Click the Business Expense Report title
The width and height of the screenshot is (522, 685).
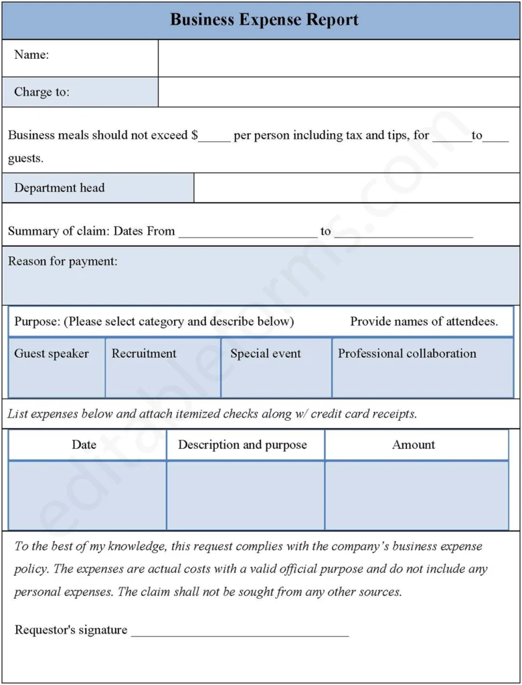click(264, 20)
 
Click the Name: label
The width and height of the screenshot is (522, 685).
click(31, 56)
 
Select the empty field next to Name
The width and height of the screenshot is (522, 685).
click(339, 59)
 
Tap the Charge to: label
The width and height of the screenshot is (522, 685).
click(41, 92)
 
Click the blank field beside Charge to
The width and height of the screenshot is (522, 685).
click(339, 92)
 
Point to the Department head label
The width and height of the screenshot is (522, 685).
click(60, 188)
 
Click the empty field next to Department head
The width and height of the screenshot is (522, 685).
click(356, 188)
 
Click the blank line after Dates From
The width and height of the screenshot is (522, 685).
click(248, 233)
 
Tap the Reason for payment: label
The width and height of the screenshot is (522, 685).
click(62, 262)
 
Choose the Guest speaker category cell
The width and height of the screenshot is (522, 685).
click(57, 367)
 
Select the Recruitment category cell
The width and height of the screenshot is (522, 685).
click(163, 367)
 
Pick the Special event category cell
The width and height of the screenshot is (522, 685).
click(276, 367)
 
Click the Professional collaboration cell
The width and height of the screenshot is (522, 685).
click(422, 367)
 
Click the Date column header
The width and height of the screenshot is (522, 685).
click(84, 445)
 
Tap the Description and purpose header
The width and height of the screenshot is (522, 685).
click(242, 445)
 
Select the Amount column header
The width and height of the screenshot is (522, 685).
click(414, 445)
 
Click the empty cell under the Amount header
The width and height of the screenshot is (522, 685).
click(416, 495)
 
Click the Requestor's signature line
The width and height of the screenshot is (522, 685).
click(240, 631)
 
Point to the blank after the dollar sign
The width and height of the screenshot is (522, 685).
click(214, 136)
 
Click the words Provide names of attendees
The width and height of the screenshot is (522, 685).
click(424, 322)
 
